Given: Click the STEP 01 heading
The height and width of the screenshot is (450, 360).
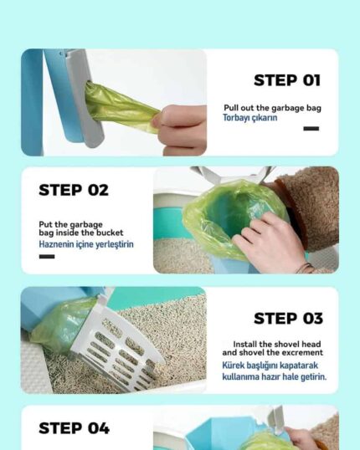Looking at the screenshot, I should pyautogui.click(x=286, y=81).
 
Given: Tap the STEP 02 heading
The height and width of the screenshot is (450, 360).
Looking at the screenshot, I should pyautogui.click(x=74, y=190).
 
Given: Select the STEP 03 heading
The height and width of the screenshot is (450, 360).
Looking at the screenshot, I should pyautogui.click(x=286, y=318).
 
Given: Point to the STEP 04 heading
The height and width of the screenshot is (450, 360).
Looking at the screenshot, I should pyautogui.click(x=74, y=428).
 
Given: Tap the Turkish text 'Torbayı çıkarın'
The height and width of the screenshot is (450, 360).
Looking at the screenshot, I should pyautogui.click(x=250, y=118).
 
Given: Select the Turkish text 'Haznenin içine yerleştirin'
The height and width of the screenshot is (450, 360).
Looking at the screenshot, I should pyautogui.click(x=86, y=245).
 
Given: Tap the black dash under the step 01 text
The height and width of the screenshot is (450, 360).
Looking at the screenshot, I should pyautogui.click(x=311, y=129).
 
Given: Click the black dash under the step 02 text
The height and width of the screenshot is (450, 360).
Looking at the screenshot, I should pyautogui.click(x=46, y=257).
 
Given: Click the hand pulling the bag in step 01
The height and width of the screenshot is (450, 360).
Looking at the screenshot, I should pyautogui.click(x=183, y=127).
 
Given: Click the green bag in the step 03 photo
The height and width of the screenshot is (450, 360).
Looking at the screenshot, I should pyautogui.click(x=63, y=322).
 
